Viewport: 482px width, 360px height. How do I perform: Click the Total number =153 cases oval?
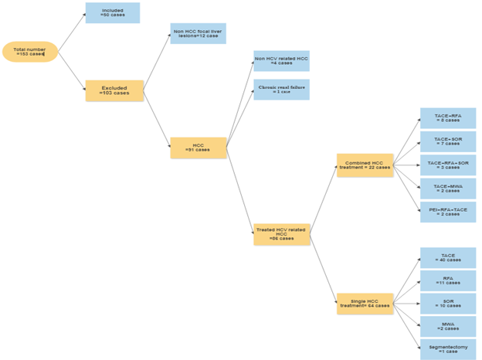29,52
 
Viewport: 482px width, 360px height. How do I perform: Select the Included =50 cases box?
112,13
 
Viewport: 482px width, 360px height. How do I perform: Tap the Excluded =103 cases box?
114,91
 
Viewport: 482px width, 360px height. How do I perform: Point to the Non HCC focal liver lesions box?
198,34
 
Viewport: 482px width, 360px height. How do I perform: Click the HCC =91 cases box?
199,148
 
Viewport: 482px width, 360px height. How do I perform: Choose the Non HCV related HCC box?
281,61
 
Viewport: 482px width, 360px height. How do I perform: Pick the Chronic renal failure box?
281,90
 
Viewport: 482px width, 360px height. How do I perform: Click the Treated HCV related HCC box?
281,235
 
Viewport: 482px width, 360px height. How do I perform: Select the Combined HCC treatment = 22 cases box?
365,165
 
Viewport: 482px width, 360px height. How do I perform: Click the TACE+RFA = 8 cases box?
447,118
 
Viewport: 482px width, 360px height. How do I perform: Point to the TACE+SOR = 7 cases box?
447,141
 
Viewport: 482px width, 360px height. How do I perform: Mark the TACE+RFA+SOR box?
447,165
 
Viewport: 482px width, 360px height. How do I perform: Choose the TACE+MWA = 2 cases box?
447,188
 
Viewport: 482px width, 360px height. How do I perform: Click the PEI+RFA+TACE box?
447,212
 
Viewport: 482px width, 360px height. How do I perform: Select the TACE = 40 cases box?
447,258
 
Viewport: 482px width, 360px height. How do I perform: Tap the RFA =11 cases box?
447,280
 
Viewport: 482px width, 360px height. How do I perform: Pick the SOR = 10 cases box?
447,304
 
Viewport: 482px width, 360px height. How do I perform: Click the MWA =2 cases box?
447,327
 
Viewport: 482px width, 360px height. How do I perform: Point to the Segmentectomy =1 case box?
447,348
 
